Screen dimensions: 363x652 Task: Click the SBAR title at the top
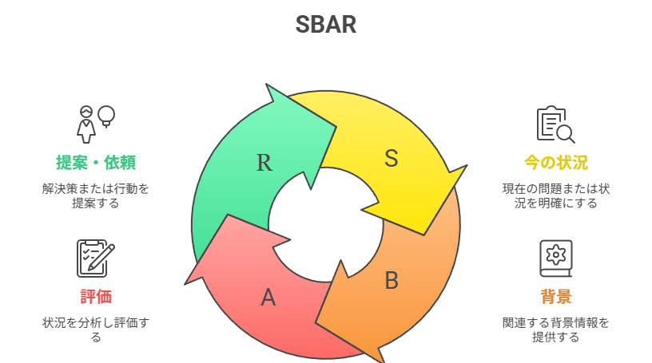pyautogui.click(x=325, y=24)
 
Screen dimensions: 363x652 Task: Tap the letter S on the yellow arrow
pyautogui.click(x=391, y=158)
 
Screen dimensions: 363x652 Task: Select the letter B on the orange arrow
pyautogui.click(x=392, y=280)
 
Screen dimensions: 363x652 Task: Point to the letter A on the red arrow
pyautogui.click(x=268, y=298)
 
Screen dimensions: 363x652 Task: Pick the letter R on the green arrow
pyautogui.click(x=264, y=163)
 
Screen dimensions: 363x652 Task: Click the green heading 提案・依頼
pyautogui.click(x=96, y=163)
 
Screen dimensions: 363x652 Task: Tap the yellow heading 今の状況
pyautogui.click(x=556, y=163)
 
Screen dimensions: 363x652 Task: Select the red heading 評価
pyautogui.click(x=96, y=297)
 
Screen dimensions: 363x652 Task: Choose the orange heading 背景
pyautogui.click(x=556, y=297)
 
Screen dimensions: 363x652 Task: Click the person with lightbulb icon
pyautogui.click(x=96, y=124)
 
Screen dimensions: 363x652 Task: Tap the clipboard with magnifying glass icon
pyautogui.click(x=555, y=124)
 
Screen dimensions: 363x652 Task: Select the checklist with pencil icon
pyautogui.click(x=96, y=258)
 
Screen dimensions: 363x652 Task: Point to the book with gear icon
pyautogui.click(x=555, y=258)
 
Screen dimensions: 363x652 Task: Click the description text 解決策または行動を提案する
pyautogui.click(x=96, y=196)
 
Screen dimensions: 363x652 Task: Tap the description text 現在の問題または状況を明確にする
pyautogui.click(x=556, y=196)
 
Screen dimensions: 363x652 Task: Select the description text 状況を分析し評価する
pyautogui.click(x=96, y=329)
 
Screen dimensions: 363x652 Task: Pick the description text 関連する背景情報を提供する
pyautogui.click(x=556, y=329)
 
